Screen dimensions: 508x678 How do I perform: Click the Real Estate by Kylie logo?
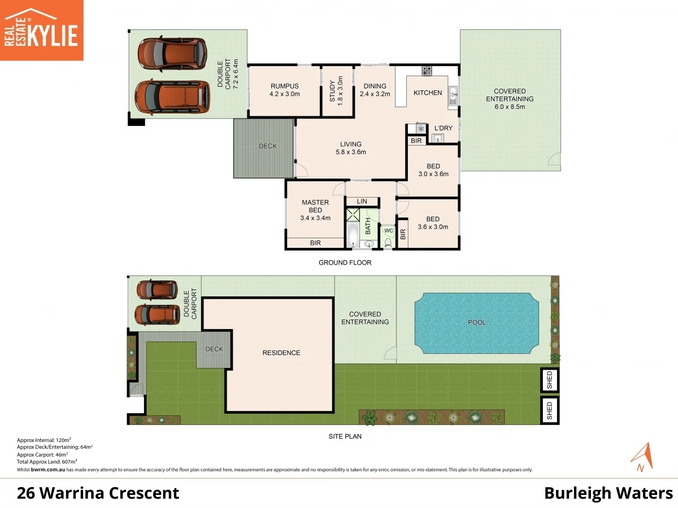coord(41,30)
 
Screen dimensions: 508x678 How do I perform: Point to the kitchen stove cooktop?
coord(427,71)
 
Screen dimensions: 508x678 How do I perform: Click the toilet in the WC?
coord(388,242)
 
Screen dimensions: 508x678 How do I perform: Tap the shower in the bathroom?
coord(353,214)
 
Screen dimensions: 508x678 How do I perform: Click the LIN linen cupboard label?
coord(362,202)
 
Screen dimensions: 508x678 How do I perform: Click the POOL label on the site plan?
coord(477,322)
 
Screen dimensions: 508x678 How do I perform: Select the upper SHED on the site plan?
coord(550,380)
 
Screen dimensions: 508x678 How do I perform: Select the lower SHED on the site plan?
coord(550,410)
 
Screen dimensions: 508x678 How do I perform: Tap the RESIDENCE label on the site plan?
coord(281,353)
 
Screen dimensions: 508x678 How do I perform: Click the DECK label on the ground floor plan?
coord(268,146)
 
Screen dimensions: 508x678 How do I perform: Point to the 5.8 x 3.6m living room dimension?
coord(350,152)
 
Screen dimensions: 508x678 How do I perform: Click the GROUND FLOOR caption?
coord(345,262)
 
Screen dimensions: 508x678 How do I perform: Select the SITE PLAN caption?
coord(345,436)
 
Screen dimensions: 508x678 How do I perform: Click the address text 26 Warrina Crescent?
coord(98,493)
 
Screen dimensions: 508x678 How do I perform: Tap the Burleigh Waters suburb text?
coord(608,493)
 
